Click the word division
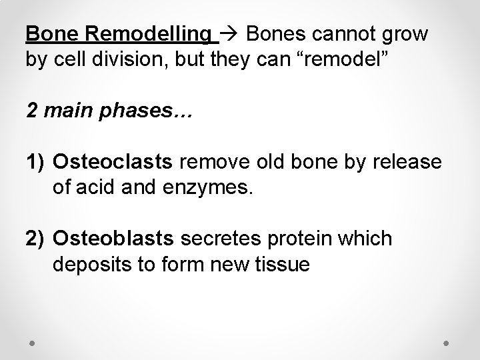135,59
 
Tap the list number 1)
36,162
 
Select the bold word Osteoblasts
114,239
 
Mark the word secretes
218,239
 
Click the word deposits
87,265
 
